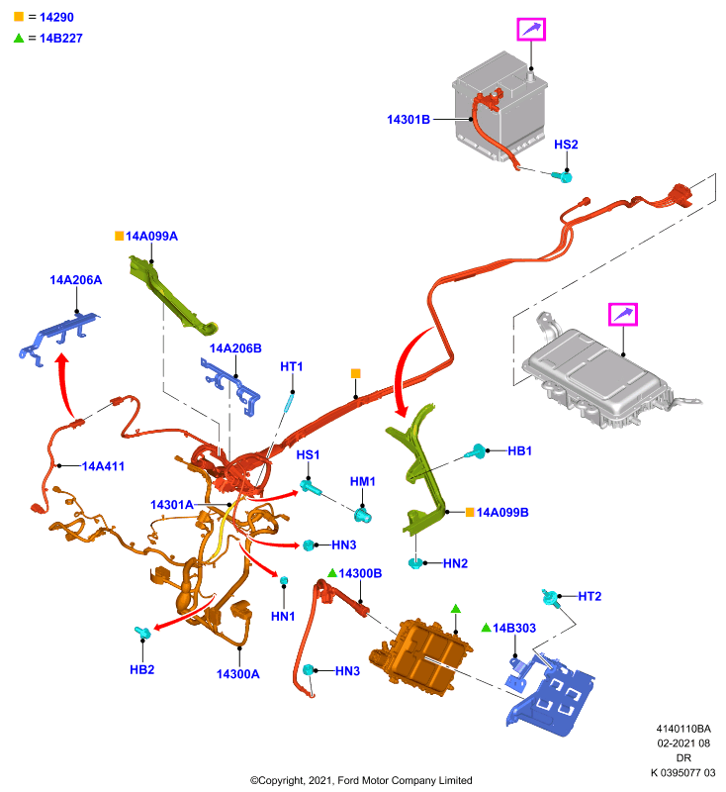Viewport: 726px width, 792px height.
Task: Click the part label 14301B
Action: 408,120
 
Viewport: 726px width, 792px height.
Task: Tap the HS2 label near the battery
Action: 566,145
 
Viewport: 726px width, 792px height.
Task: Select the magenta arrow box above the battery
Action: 531,30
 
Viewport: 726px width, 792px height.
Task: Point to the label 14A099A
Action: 151,237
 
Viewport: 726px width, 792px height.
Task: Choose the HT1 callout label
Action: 291,366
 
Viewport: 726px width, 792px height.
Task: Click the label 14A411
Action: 103,466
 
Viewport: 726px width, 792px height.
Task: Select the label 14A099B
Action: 502,513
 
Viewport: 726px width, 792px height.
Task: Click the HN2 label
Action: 455,563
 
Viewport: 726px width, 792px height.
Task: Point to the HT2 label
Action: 590,597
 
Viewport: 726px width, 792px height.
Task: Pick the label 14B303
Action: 514,629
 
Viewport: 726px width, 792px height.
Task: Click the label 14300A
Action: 237,674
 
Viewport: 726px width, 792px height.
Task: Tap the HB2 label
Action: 141,670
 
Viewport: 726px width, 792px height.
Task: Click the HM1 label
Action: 362,482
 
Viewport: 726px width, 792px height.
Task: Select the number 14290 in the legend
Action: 56,17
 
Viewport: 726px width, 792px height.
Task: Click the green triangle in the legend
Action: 19,38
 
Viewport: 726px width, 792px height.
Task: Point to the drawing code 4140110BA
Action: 683,729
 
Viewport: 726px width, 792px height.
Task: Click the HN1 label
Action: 283,616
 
